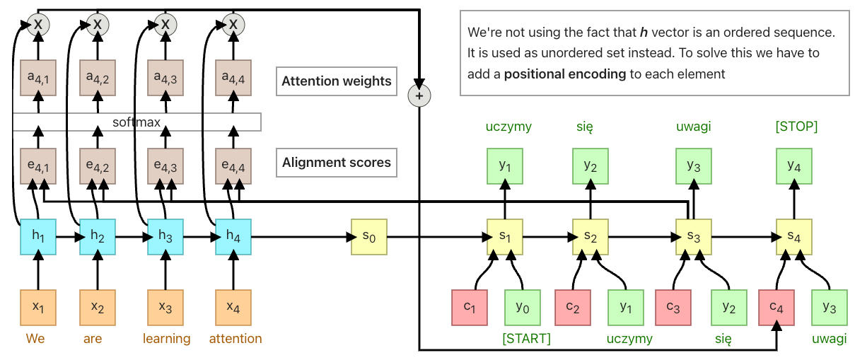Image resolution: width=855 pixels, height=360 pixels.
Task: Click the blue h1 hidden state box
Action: coord(38,237)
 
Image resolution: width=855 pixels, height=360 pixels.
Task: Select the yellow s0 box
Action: coord(369,237)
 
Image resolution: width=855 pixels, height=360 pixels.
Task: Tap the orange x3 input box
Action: coord(165,308)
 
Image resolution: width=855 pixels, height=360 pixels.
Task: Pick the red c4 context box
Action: coord(777,308)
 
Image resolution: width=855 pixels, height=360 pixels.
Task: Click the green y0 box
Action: coord(523,308)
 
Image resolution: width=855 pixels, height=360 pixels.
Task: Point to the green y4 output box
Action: coord(794,166)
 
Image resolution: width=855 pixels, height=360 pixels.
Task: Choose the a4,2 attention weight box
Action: coord(98,78)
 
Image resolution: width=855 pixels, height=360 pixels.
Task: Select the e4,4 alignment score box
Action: coord(233,166)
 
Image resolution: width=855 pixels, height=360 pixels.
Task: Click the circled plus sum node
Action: coord(419,95)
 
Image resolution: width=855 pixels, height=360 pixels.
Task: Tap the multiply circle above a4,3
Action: coord(165,25)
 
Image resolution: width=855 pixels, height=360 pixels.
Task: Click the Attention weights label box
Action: coord(337,81)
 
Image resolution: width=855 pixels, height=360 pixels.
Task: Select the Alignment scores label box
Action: coord(337,163)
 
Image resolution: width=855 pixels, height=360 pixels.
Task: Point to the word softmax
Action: coord(136,122)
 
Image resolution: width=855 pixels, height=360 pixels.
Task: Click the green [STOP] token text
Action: coord(796,127)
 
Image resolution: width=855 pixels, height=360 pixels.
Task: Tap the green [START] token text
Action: coord(526,339)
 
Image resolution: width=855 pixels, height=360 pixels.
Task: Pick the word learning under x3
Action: coord(166,339)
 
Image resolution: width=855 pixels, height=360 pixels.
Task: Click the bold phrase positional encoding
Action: coord(565,74)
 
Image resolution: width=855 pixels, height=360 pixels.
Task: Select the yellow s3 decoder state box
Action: coord(694,237)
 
